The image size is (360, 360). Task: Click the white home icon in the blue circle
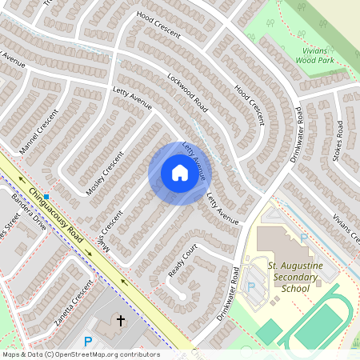(x=179, y=173)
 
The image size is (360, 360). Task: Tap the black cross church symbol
(x=122, y=321)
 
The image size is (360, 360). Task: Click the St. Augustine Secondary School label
(x=294, y=277)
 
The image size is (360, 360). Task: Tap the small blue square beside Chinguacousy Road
(x=47, y=196)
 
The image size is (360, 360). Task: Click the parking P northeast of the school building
(x=303, y=238)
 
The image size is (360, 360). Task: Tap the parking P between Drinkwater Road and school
(x=251, y=286)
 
